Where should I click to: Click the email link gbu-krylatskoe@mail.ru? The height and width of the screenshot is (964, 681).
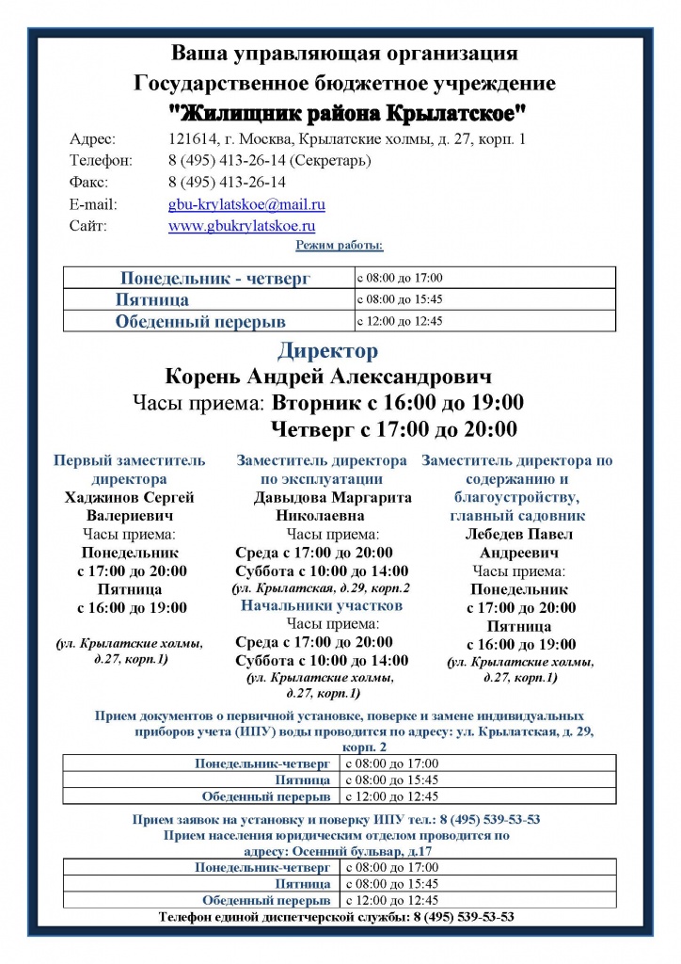(246, 203)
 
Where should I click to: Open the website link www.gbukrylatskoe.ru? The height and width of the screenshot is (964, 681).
(242, 226)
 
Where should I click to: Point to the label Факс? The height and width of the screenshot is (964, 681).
(88, 182)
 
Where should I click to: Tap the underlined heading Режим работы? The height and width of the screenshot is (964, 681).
(340, 246)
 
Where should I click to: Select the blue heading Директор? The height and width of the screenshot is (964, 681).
(327, 351)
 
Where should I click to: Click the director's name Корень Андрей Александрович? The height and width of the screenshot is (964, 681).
(328, 378)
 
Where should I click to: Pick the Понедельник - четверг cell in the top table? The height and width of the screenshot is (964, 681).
(215, 279)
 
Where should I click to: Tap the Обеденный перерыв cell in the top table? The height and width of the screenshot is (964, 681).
(200, 322)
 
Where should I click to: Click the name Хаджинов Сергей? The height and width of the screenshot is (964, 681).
(129, 497)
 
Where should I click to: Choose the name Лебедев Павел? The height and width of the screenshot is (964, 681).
(519, 534)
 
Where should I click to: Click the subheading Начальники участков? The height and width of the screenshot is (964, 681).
(322, 605)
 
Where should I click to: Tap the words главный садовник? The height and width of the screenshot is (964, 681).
(517, 515)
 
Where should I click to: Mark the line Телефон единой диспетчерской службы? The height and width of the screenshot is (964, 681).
(336, 916)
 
